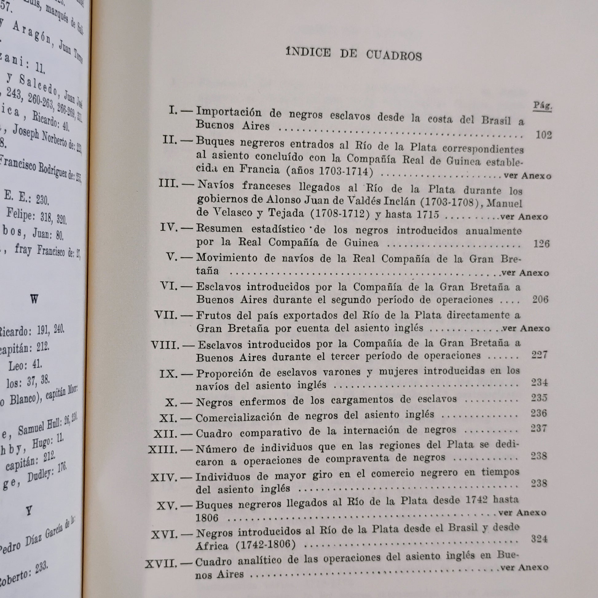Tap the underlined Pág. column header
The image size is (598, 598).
coord(542,106)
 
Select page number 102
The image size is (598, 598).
coord(543,135)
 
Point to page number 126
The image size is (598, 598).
coord(541,244)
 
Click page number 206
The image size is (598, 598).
coord(540,299)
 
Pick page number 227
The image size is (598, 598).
coord(540,355)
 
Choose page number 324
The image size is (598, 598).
coord(539,539)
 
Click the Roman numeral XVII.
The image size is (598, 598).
coord(161,564)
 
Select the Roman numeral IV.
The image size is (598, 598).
coord(169,228)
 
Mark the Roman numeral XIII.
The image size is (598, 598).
coord(163,450)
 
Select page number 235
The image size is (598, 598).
coord(539,397)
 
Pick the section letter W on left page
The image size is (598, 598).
coord(34,299)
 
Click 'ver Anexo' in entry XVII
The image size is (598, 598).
coord(524,567)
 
